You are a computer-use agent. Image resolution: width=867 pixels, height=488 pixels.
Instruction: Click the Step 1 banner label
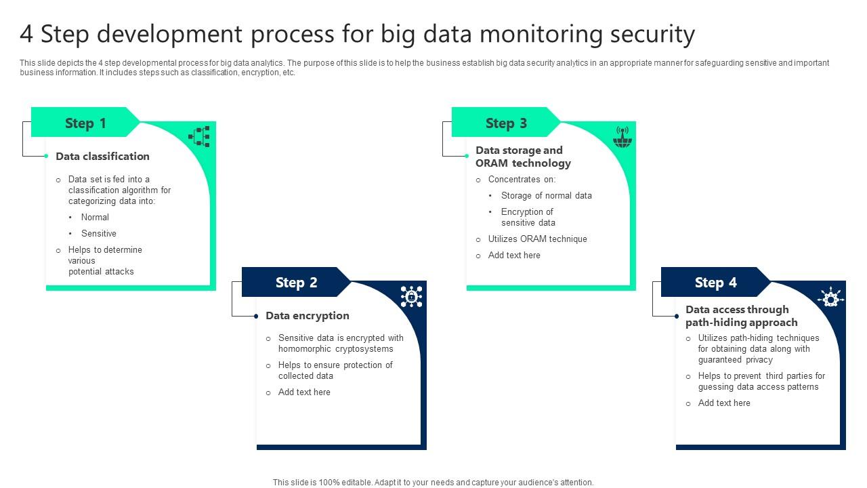(x=85, y=123)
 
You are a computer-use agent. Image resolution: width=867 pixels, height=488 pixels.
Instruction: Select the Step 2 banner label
(x=296, y=283)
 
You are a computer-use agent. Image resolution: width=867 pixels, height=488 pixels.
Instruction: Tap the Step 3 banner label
(x=506, y=123)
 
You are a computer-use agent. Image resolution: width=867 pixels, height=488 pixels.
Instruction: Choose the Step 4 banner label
(x=715, y=283)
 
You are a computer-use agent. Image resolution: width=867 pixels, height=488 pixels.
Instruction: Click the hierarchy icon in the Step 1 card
(x=199, y=137)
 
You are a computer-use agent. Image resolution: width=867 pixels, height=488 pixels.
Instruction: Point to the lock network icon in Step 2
(x=411, y=297)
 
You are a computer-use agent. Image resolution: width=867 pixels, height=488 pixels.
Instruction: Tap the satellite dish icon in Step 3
(x=621, y=137)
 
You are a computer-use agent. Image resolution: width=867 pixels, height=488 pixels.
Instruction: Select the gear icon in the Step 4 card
(x=830, y=297)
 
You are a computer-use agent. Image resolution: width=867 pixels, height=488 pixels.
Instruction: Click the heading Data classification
(x=102, y=157)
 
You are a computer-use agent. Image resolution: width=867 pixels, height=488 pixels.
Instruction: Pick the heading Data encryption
(x=307, y=316)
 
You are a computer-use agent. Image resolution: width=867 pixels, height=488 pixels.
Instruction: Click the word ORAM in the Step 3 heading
(x=492, y=163)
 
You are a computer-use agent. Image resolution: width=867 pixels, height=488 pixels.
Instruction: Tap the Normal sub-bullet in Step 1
(x=95, y=218)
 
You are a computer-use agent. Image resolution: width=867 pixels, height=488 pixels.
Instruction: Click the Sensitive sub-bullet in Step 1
(x=99, y=234)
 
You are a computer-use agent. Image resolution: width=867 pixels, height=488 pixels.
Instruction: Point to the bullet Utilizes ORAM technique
(x=537, y=239)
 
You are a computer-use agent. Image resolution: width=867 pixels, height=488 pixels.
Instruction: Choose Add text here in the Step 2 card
(x=304, y=392)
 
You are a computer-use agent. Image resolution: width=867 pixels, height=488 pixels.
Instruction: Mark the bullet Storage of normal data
(x=546, y=196)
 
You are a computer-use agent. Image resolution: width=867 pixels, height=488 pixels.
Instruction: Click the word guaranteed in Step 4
(x=721, y=360)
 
